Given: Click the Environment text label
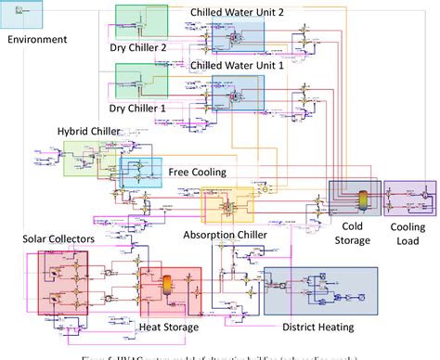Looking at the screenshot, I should coord(36,40).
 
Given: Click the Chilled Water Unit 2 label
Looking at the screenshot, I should coord(238,11).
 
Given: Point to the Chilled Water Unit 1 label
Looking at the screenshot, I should coord(238,66).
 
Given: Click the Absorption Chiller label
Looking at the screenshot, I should coord(225,234).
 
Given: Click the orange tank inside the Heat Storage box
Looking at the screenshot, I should coord(168,287).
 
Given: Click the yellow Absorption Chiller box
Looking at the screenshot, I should coord(226,205).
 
